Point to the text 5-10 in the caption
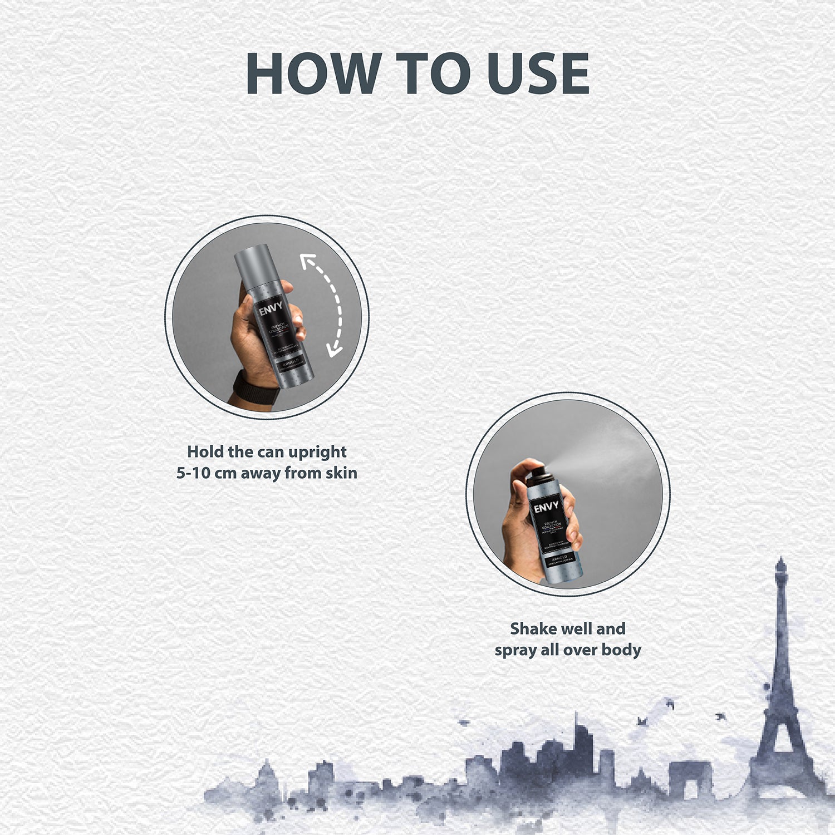click(193, 473)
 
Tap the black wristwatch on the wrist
click(256, 387)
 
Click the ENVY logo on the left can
click(271, 308)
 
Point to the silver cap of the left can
click(253, 261)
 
